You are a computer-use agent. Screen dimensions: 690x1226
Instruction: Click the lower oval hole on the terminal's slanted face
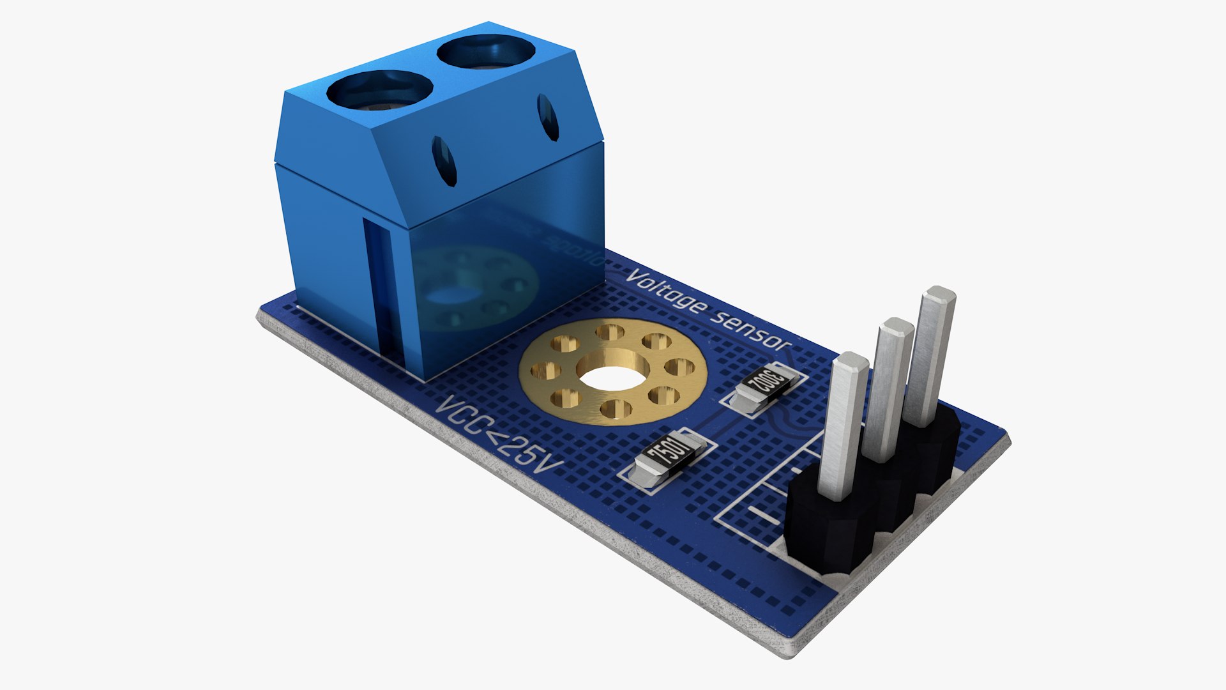(444, 161)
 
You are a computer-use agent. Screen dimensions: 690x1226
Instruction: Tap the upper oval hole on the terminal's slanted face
(548, 117)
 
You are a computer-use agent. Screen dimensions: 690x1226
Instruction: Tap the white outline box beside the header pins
(753, 505)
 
